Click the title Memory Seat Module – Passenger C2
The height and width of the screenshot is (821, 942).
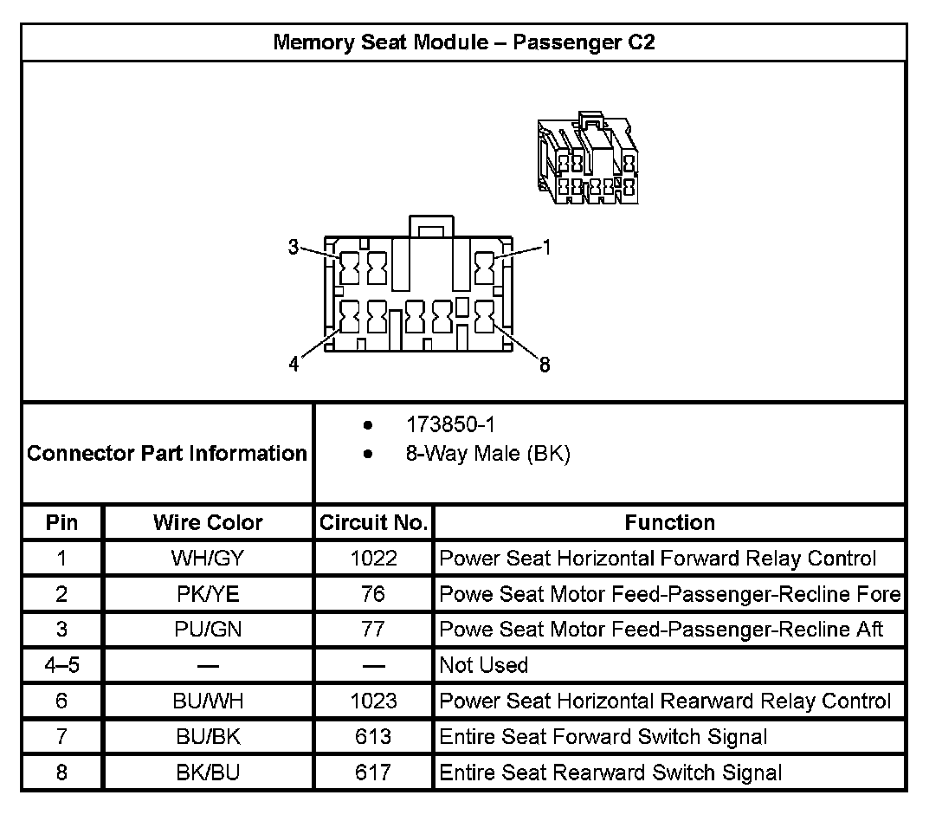[463, 42]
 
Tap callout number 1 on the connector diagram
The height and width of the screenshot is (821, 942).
[545, 248]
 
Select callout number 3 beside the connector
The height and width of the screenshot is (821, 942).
[294, 248]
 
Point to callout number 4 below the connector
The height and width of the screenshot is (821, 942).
[294, 365]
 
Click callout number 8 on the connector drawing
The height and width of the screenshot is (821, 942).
[545, 365]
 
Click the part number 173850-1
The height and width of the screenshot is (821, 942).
[450, 425]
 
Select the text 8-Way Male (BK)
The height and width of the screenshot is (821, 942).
[487, 454]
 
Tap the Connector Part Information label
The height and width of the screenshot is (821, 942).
[167, 453]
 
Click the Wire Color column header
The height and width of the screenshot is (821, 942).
[208, 522]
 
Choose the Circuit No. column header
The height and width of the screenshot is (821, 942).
[373, 522]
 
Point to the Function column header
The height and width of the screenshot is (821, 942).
[669, 522]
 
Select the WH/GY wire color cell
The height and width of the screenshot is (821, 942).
[208, 559]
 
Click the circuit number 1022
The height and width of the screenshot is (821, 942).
[373, 559]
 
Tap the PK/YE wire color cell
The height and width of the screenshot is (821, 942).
[208, 594]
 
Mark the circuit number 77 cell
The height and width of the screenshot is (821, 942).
[373, 630]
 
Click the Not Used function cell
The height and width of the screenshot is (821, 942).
[484, 665]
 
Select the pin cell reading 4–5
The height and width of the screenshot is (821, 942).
[61, 665]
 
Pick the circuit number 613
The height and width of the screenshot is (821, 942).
[373, 736]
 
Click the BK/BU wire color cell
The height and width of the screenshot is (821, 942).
[208, 772]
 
